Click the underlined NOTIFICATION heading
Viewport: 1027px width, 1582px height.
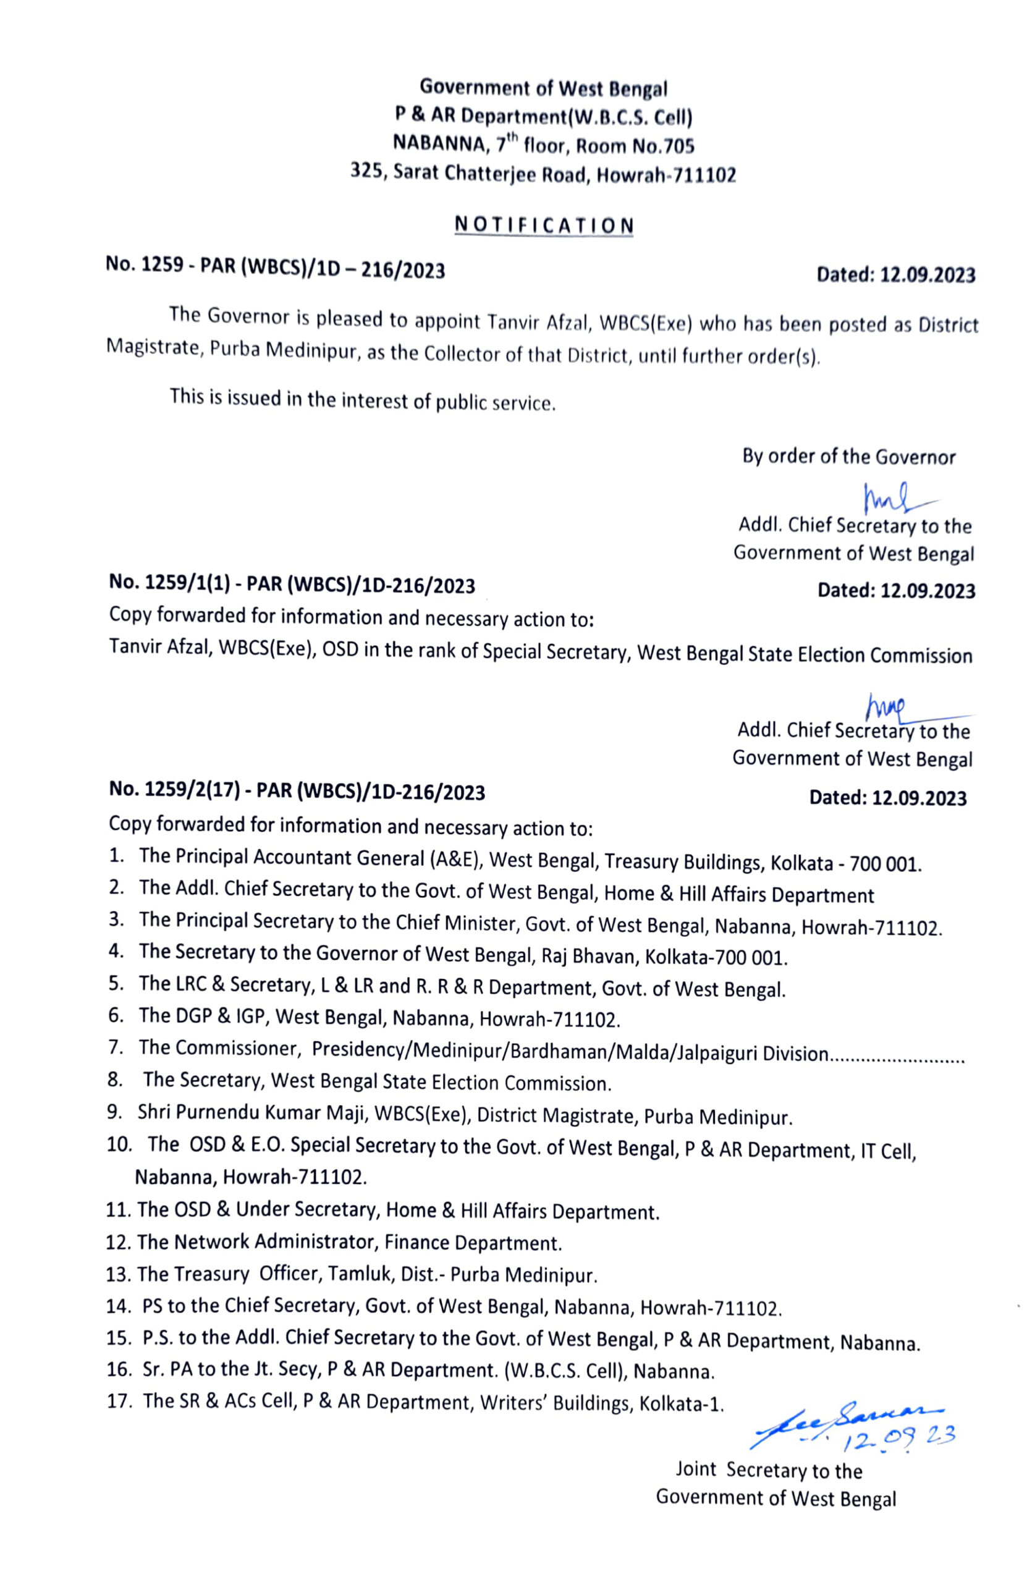click(543, 226)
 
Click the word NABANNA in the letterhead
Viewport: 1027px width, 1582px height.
click(439, 143)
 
